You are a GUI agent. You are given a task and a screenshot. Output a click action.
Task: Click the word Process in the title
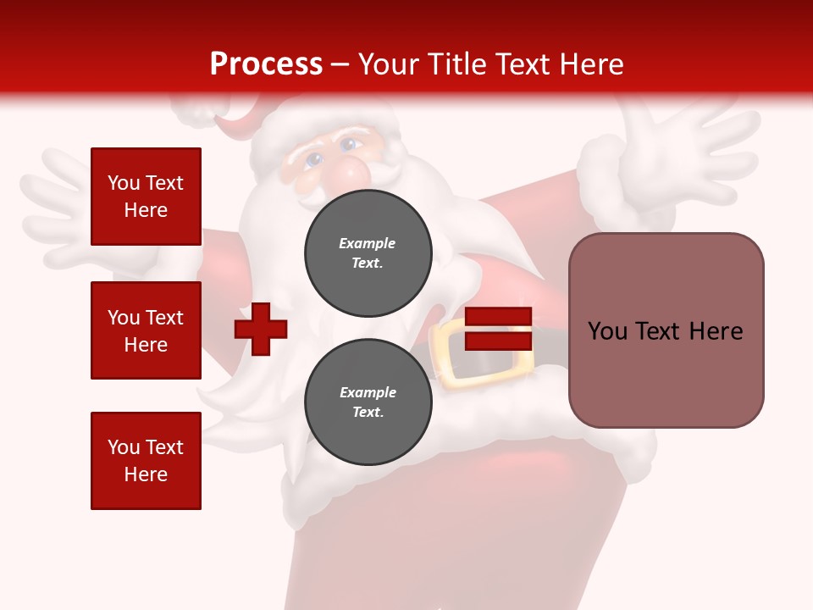click(266, 64)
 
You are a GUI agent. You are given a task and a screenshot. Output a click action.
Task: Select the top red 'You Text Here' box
click(146, 197)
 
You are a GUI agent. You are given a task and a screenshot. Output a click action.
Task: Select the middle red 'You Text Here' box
click(146, 330)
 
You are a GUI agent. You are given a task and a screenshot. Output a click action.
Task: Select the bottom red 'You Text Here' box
click(146, 460)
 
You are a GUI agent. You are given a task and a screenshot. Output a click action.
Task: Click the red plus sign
click(261, 329)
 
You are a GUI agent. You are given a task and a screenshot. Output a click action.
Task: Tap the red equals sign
click(498, 329)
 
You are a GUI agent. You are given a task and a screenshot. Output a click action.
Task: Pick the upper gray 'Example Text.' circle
click(368, 253)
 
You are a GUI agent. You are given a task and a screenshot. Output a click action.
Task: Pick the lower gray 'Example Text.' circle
click(368, 402)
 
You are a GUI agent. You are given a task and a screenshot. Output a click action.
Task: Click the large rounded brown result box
click(666, 330)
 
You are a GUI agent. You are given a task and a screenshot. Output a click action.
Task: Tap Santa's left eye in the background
click(313, 159)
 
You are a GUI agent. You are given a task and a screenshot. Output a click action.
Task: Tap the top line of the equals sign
click(498, 317)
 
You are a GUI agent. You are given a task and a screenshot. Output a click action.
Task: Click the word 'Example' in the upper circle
click(368, 243)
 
